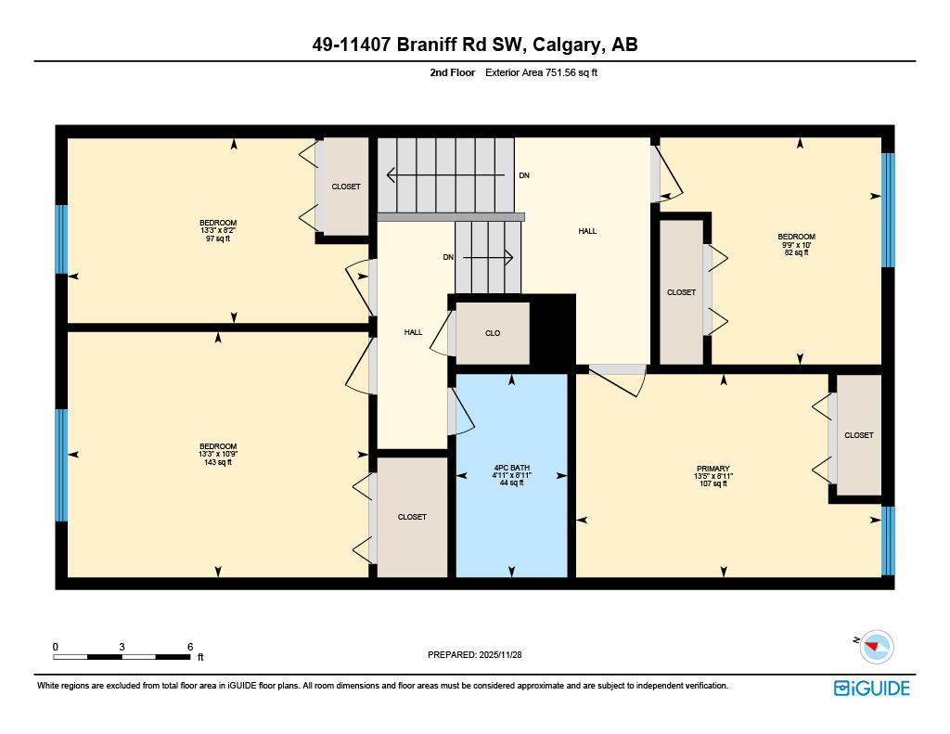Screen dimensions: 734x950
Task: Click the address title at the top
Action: click(x=475, y=45)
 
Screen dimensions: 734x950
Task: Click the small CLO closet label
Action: click(x=493, y=333)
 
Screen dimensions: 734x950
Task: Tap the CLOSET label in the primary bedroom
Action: click(x=858, y=435)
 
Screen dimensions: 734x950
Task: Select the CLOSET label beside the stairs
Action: click(x=346, y=187)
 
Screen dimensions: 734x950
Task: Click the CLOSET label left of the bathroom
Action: click(x=412, y=517)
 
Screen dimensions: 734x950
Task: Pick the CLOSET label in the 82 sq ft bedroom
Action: click(x=681, y=292)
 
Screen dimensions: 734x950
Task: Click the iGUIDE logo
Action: click(x=871, y=688)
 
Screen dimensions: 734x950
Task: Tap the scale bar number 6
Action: click(x=189, y=646)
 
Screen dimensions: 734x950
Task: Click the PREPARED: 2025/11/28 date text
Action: click(x=475, y=655)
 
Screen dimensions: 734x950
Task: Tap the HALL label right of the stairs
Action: click(x=586, y=231)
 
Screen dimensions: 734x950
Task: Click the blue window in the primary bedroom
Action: click(x=888, y=541)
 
